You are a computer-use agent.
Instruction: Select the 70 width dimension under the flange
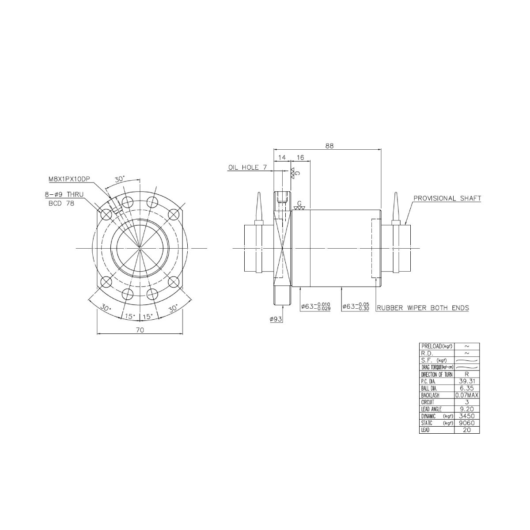(x=140, y=329)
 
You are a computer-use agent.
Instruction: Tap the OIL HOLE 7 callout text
(x=247, y=167)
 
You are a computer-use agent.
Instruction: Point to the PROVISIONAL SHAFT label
(x=447, y=198)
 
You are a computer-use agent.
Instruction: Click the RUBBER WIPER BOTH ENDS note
(x=422, y=308)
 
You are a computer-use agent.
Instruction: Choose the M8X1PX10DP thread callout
(x=69, y=179)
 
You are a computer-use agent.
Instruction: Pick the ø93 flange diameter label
(x=276, y=319)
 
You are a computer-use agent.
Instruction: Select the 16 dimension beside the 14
(x=300, y=157)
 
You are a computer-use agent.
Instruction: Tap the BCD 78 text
(x=60, y=204)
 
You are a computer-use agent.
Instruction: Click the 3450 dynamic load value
(x=467, y=416)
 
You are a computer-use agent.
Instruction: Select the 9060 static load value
(x=467, y=423)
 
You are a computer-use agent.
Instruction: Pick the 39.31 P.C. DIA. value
(x=467, y=381)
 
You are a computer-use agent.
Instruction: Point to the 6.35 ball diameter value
(x=467, y=388)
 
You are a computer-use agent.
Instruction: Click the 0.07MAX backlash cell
(x=467, y=395)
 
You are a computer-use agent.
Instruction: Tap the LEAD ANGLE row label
(x=432, y=409)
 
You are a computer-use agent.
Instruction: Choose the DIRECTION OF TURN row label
(x=436, y=375)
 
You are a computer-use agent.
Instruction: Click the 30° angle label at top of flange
(x=120, y=179)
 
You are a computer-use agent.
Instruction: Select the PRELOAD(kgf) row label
(x=436, y=346)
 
